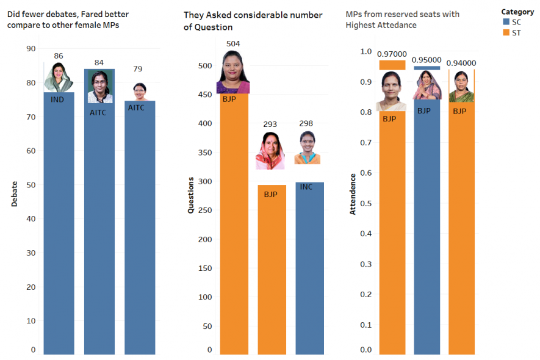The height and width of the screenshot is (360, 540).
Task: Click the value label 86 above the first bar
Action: coord(59,56)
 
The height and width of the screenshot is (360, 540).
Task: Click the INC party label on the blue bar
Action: coord(306,187)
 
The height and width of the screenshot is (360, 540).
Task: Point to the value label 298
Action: coord(306,124)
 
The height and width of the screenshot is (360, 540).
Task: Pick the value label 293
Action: coord(270,124)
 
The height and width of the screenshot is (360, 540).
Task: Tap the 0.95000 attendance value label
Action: coord(427,60)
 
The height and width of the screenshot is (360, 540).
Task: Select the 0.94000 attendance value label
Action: coord(462,63)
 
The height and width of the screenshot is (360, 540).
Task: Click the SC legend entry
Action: coord(511,21)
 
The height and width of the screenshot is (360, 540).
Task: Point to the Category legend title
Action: coord(517,12)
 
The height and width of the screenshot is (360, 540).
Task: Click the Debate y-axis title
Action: coord(14,194)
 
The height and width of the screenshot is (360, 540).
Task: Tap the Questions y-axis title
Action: coord(190,195)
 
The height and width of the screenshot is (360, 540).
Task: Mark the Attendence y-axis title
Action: coord(353,195)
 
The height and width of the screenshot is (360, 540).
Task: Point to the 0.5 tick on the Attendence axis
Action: coord(365,203)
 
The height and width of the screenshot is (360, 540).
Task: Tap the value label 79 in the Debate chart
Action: coord(139,69)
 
